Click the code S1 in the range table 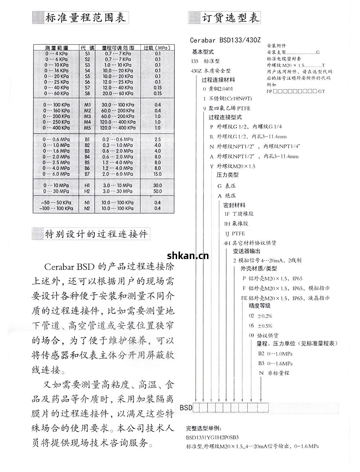tap(87, 53)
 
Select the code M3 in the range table tap(87, 116)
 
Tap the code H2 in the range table tap(87, 191)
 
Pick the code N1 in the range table tap(87, 202)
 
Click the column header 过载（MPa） tap(157, 48)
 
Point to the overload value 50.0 tap(157, 191)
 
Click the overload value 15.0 tap(157, 174)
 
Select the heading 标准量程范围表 tap(85, 18)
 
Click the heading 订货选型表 tap(230, 18)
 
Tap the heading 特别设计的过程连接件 tap(96, 234)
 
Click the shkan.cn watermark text tap(188, 256)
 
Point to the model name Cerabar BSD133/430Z tap(225, 40)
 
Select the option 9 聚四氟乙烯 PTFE tap(226, 108)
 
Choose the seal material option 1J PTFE tap(234, 233)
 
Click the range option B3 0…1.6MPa tap(275, 363)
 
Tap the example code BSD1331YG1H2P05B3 tap(212, 437)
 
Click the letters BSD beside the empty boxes tap(186, 408)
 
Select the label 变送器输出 tap(247, 251)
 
